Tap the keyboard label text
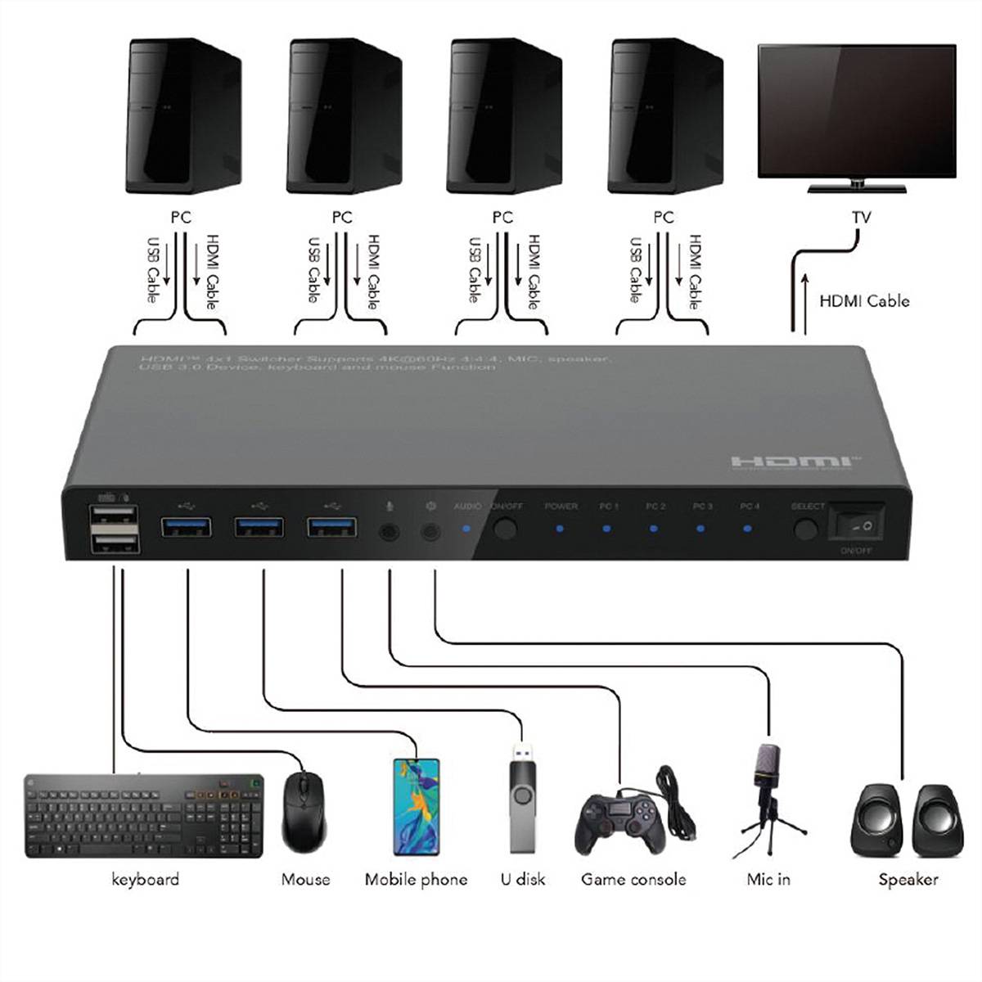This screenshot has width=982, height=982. (x=145, y=880)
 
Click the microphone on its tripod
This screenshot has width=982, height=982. (x=768, y=790)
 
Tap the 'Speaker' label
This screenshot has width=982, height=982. (x=908, y=880)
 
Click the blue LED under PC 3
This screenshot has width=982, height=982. (x=700, y=529)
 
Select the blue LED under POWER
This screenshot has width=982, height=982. (x=560, y=529)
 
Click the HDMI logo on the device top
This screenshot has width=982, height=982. (x=795, y=463)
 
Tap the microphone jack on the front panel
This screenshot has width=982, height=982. (x=390, y=532)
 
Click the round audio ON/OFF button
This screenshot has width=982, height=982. (x=507, y=528)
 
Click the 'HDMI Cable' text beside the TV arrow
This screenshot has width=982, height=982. (x=864, y=301)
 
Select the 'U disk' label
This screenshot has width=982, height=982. (x=522, y=880)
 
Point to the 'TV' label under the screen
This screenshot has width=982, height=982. (x=861, y=218)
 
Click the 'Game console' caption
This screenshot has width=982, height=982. (x=633, y=880)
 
